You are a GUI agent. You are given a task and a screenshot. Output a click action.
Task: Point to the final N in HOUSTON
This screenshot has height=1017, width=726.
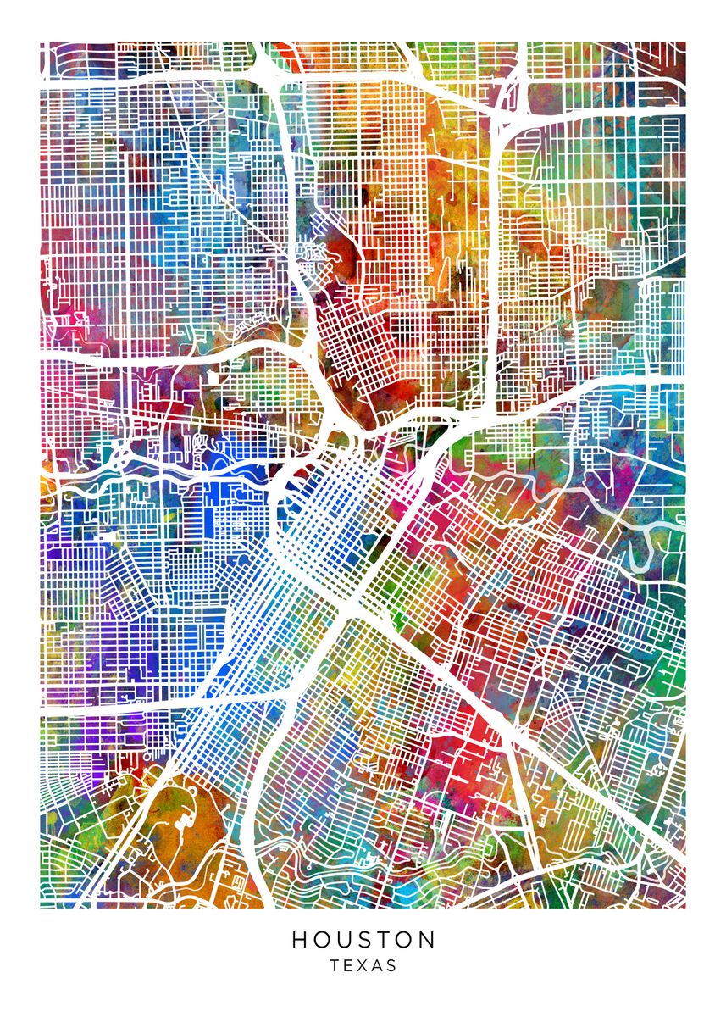pos(427,940)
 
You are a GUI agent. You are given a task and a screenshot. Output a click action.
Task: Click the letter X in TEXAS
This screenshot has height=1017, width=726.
pos(363,965)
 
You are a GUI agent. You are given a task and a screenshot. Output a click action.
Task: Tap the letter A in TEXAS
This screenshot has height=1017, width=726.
pos(377,965)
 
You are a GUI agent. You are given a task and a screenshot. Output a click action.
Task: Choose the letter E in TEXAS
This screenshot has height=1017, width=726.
pos(349,965)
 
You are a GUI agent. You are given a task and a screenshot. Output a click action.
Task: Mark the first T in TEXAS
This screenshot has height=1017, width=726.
pos(335,965)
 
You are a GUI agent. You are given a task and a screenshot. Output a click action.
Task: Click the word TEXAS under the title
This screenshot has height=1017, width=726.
pos(363,965)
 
